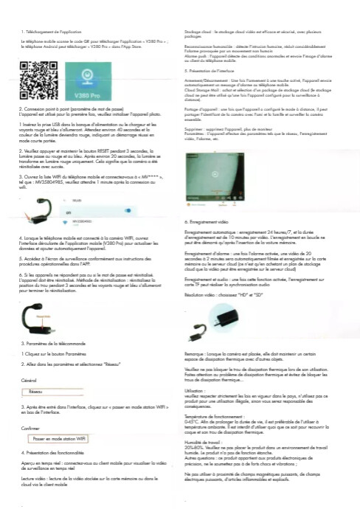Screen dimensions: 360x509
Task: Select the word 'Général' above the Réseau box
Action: click(x=30, y=379)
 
